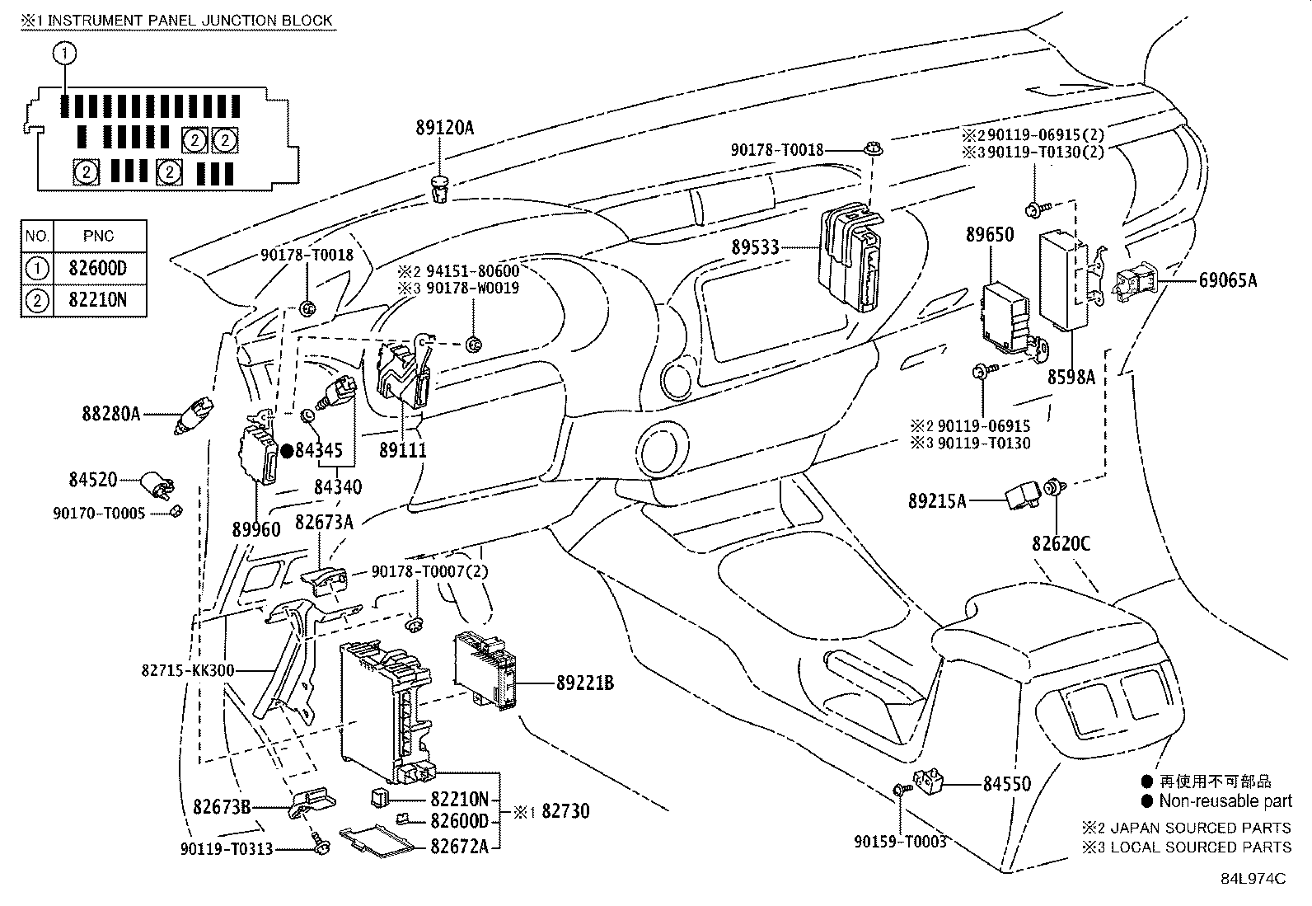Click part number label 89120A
click(x=444, y=128)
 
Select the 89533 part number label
click(x=757, y=247)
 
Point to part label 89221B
click(x=584, y=683)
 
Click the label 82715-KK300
click(x=187, y=670)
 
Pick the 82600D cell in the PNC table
click(x=99, y=268)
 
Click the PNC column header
click(x=99, y=236)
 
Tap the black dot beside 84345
click(x=287, y=450)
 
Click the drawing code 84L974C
click(x=1253, y=879)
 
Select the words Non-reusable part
click(x=1225, y=801)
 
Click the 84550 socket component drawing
click(x=930, y=778)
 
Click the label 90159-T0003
click(x=900, y=841)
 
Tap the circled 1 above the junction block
click(x=64, y=54)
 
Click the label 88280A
click(x=110, y=413)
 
